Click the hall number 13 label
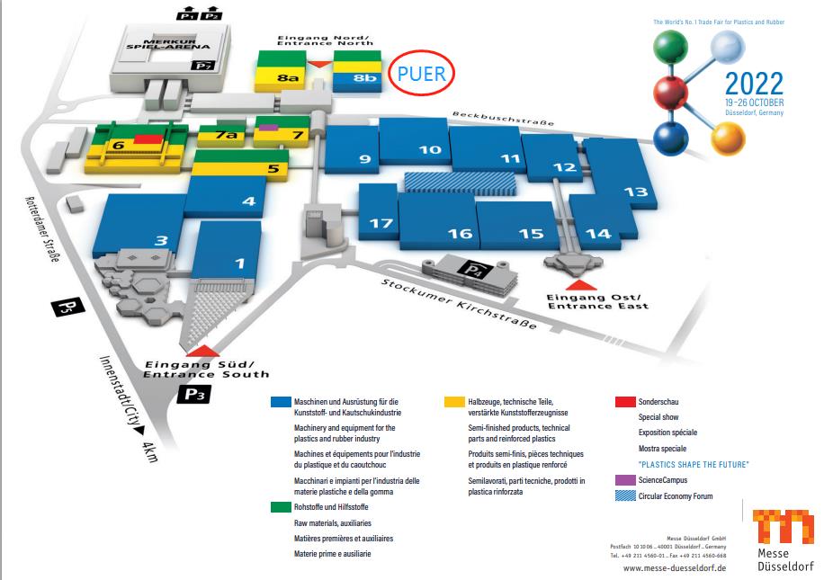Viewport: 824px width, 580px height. pos(635,191)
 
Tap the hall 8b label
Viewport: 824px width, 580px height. pos(364,79)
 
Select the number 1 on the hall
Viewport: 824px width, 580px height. pos(239,263)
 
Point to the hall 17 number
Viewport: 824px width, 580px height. pos(382,223)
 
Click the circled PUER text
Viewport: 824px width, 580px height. pos(421,74)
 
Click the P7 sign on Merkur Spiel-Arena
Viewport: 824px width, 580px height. pos(206,66)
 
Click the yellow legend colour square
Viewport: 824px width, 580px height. pos(452,402)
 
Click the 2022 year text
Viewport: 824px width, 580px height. pos(754,84)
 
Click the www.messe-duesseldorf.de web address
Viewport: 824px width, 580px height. pos(674,568)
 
